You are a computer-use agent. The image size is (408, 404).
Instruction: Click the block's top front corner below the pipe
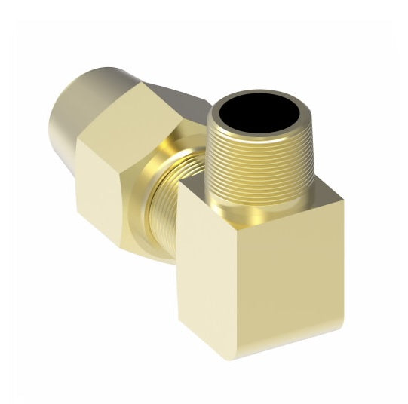(x=227, y=216)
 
